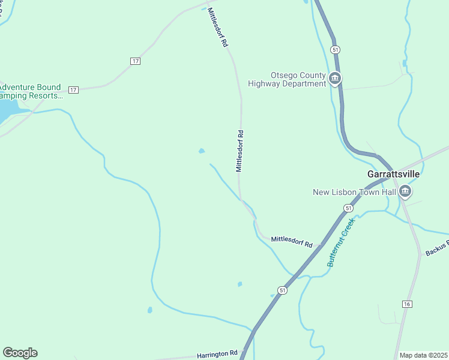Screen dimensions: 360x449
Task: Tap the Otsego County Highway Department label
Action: pyautogui.click(x=289, y=80)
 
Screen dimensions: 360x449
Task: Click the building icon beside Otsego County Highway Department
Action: pyautogui.click(x=335, y=78)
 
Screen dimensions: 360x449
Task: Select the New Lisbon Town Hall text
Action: pyautogui.click(x=355, y=192)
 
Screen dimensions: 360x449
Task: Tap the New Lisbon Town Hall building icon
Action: pyautogui.click(x=405, y=191)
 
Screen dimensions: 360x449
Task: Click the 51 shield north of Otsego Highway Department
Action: pyautogui.click(x=335, y=49)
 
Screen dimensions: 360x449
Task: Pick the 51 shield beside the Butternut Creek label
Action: pyautogui.click(x=348, y=208)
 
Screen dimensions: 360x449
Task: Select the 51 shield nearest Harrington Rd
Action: pyautogui.click(x=283, y=290)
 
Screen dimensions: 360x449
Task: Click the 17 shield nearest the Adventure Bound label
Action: pyautogui.click(x=73, y=90)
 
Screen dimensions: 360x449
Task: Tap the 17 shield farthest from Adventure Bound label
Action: pyautogui.click(x=135, y=61)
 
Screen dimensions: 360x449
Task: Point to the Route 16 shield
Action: pyautogui.click(x=407, y=305)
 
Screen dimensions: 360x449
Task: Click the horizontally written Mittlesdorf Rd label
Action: pyautogui.click(x=292, y=243)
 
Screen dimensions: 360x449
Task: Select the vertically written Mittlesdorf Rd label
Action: pyautogui.click(x=240, y=151)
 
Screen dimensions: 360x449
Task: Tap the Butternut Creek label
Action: pyautogui.click(x=342, y=242)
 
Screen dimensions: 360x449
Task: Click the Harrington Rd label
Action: pyautogui.click(x=217, y=355)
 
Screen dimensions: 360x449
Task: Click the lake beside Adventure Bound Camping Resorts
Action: pyautogui.click(x=7, y=110)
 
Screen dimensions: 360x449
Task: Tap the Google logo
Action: pyautogui.click(x=20, y=353)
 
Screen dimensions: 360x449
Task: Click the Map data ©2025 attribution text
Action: pyautogui.click(x=424, y=355)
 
